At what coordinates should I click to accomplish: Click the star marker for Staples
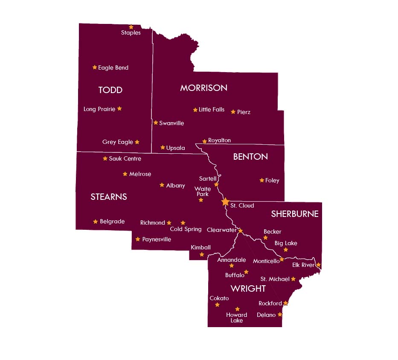click(131, 27)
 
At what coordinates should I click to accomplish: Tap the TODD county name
click(110, 90)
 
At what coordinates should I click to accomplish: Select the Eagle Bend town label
click(113, 67)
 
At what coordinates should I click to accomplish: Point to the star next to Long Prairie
click(119, 108)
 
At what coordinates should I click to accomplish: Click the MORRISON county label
click(203, 88)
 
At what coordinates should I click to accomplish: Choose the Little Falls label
click(212, 110)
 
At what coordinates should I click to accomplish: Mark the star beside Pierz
click(233, 112)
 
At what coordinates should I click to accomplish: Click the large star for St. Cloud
click(225, 202)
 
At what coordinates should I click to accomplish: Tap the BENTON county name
click(250, 157)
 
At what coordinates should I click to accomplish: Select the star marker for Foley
click(261, 180)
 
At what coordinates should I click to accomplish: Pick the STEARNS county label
click(109, 197)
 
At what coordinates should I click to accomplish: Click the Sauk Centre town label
click(125, 158)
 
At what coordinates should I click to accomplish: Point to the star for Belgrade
click(95, 221)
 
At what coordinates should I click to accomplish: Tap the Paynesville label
click(157, 240)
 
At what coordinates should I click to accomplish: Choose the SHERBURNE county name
click(295, 214)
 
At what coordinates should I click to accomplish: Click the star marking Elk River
click(318, 265)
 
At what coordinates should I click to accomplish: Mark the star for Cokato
click(217, 305)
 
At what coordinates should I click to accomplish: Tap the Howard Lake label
click(236, 318)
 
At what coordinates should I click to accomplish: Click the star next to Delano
click(280, 314)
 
